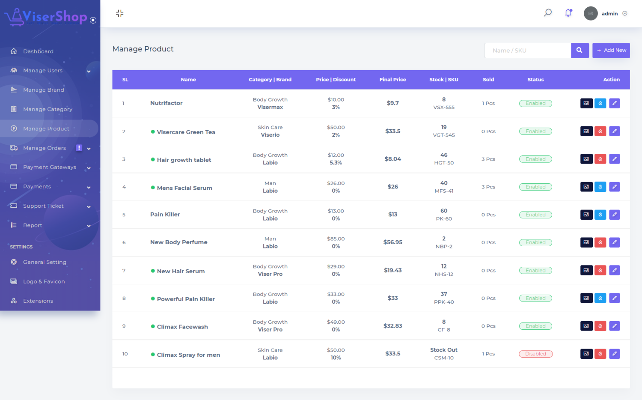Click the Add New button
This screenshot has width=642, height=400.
611,51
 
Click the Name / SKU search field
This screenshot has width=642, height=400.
527,51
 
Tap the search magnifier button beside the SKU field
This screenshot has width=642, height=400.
580,51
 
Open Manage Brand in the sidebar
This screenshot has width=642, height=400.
43,90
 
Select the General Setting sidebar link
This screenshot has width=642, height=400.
45,262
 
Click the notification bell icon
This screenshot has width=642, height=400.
568,13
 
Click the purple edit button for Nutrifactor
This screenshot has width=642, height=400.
614,103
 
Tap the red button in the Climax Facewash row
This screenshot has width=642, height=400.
600,326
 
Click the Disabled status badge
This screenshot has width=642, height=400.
535,354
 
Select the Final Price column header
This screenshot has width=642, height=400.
392,80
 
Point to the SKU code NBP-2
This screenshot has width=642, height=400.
444,247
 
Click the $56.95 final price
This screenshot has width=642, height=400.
392,242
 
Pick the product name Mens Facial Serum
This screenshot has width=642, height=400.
184,188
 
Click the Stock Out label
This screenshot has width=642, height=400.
444,350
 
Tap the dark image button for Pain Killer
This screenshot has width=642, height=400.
586,215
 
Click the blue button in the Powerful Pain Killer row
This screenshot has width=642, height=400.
600,298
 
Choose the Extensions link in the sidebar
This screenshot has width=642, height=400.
38,301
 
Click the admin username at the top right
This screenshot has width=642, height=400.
609,14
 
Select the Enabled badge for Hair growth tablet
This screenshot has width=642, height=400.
535,159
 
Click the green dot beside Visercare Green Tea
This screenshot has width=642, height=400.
153,132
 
